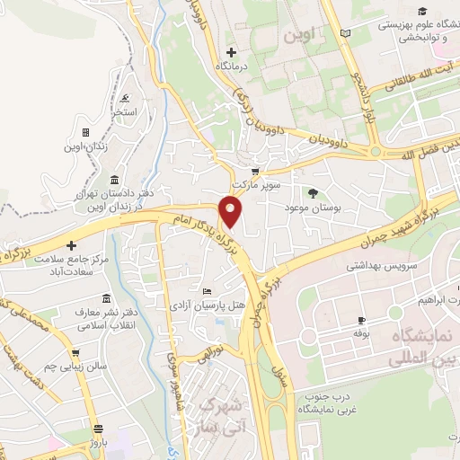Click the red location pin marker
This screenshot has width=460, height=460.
click(x=232, y=211)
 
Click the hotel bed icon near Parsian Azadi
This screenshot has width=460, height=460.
click(x=208, y=291)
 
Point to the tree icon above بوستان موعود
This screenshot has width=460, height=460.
click(x=313, y=193)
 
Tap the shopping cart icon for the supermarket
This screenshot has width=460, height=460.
click(x=256, y=172)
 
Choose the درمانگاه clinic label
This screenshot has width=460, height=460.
click(x=232, y=67)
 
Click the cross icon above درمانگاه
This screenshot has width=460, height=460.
click(x=232, y=52)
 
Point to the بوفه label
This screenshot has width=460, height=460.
click(x=361, y=333)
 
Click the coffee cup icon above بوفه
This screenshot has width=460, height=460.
click(x=361, y=320)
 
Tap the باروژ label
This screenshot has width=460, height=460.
click(x=100, y=444)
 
